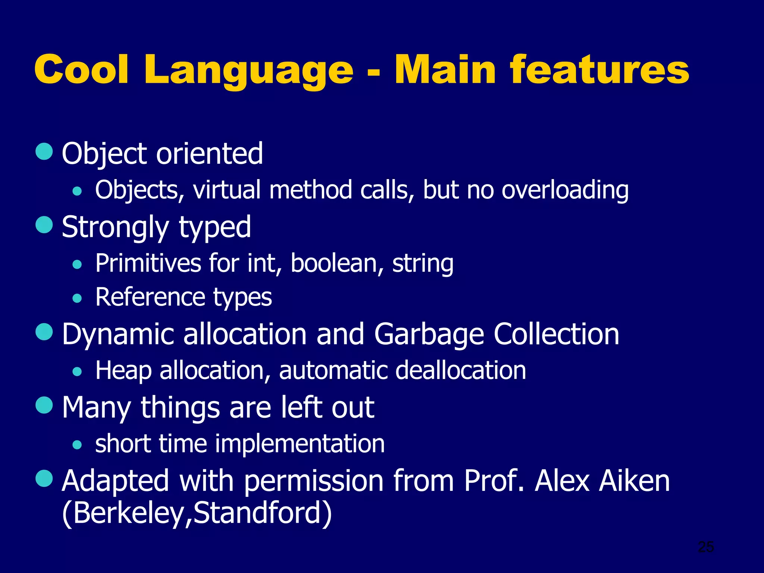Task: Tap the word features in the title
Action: [599, 70]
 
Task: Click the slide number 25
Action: [706, 547]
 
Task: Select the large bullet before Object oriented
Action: [44, 151]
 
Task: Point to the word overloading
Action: [565, 190]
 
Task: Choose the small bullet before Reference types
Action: [77, 298]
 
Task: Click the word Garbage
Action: [429, 334]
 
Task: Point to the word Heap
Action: [123, 371]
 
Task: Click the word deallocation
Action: [460, 371]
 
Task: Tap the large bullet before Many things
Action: [44, 405]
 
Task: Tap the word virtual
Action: [227, 190]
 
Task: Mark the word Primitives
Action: [148, 263]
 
